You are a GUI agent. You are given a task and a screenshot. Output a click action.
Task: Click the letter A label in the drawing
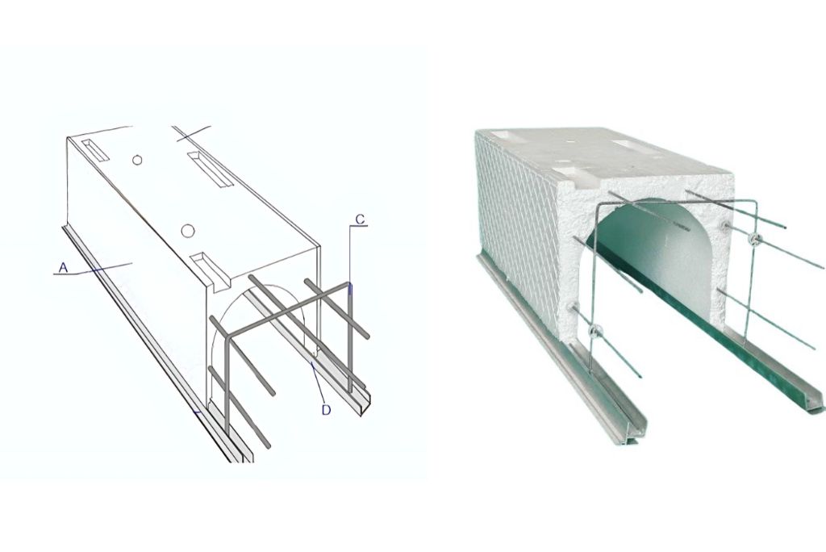pyautogui.click(x=63, y=269)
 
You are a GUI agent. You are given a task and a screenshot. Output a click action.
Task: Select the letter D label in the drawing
pyautogui.click(x=326, y=410)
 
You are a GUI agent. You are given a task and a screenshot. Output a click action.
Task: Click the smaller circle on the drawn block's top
pyautogui.click(x=137, y=160)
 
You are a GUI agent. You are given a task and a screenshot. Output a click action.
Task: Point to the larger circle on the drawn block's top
pyautogui.click(x=187, y=230)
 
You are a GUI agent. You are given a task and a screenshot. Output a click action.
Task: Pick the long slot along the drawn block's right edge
pyautogui.click(x=211, y=169)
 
